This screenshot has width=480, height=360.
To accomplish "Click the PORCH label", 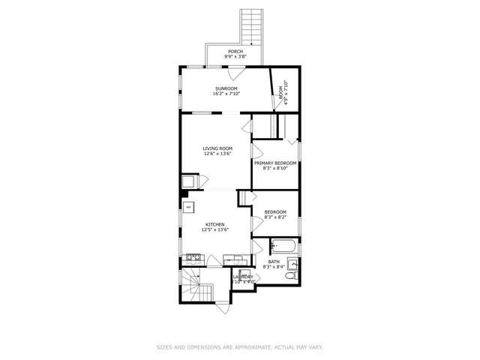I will point(235,52).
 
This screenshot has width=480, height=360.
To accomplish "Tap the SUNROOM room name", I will point(226,89).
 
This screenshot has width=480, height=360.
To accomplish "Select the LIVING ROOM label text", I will point(217,148).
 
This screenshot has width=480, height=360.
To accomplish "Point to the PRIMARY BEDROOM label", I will point(275,163).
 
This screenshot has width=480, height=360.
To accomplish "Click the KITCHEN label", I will point(216,224).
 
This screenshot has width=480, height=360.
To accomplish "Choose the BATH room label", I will point(274,262).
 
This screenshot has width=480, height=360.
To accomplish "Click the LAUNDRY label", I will point(243,276).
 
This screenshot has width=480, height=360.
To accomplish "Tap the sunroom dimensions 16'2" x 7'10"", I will point(226,94).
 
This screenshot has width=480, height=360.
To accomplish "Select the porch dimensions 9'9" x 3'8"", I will point(235,57).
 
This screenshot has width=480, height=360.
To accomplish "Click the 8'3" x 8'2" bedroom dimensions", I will point(275,217).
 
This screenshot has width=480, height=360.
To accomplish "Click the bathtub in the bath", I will point(284,245).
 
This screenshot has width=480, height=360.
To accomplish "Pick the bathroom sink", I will point(293,264).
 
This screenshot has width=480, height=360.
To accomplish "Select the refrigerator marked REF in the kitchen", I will point(188,205).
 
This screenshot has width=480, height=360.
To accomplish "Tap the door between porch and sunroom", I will point(235,72).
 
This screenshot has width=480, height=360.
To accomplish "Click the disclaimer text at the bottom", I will point(239,347).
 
